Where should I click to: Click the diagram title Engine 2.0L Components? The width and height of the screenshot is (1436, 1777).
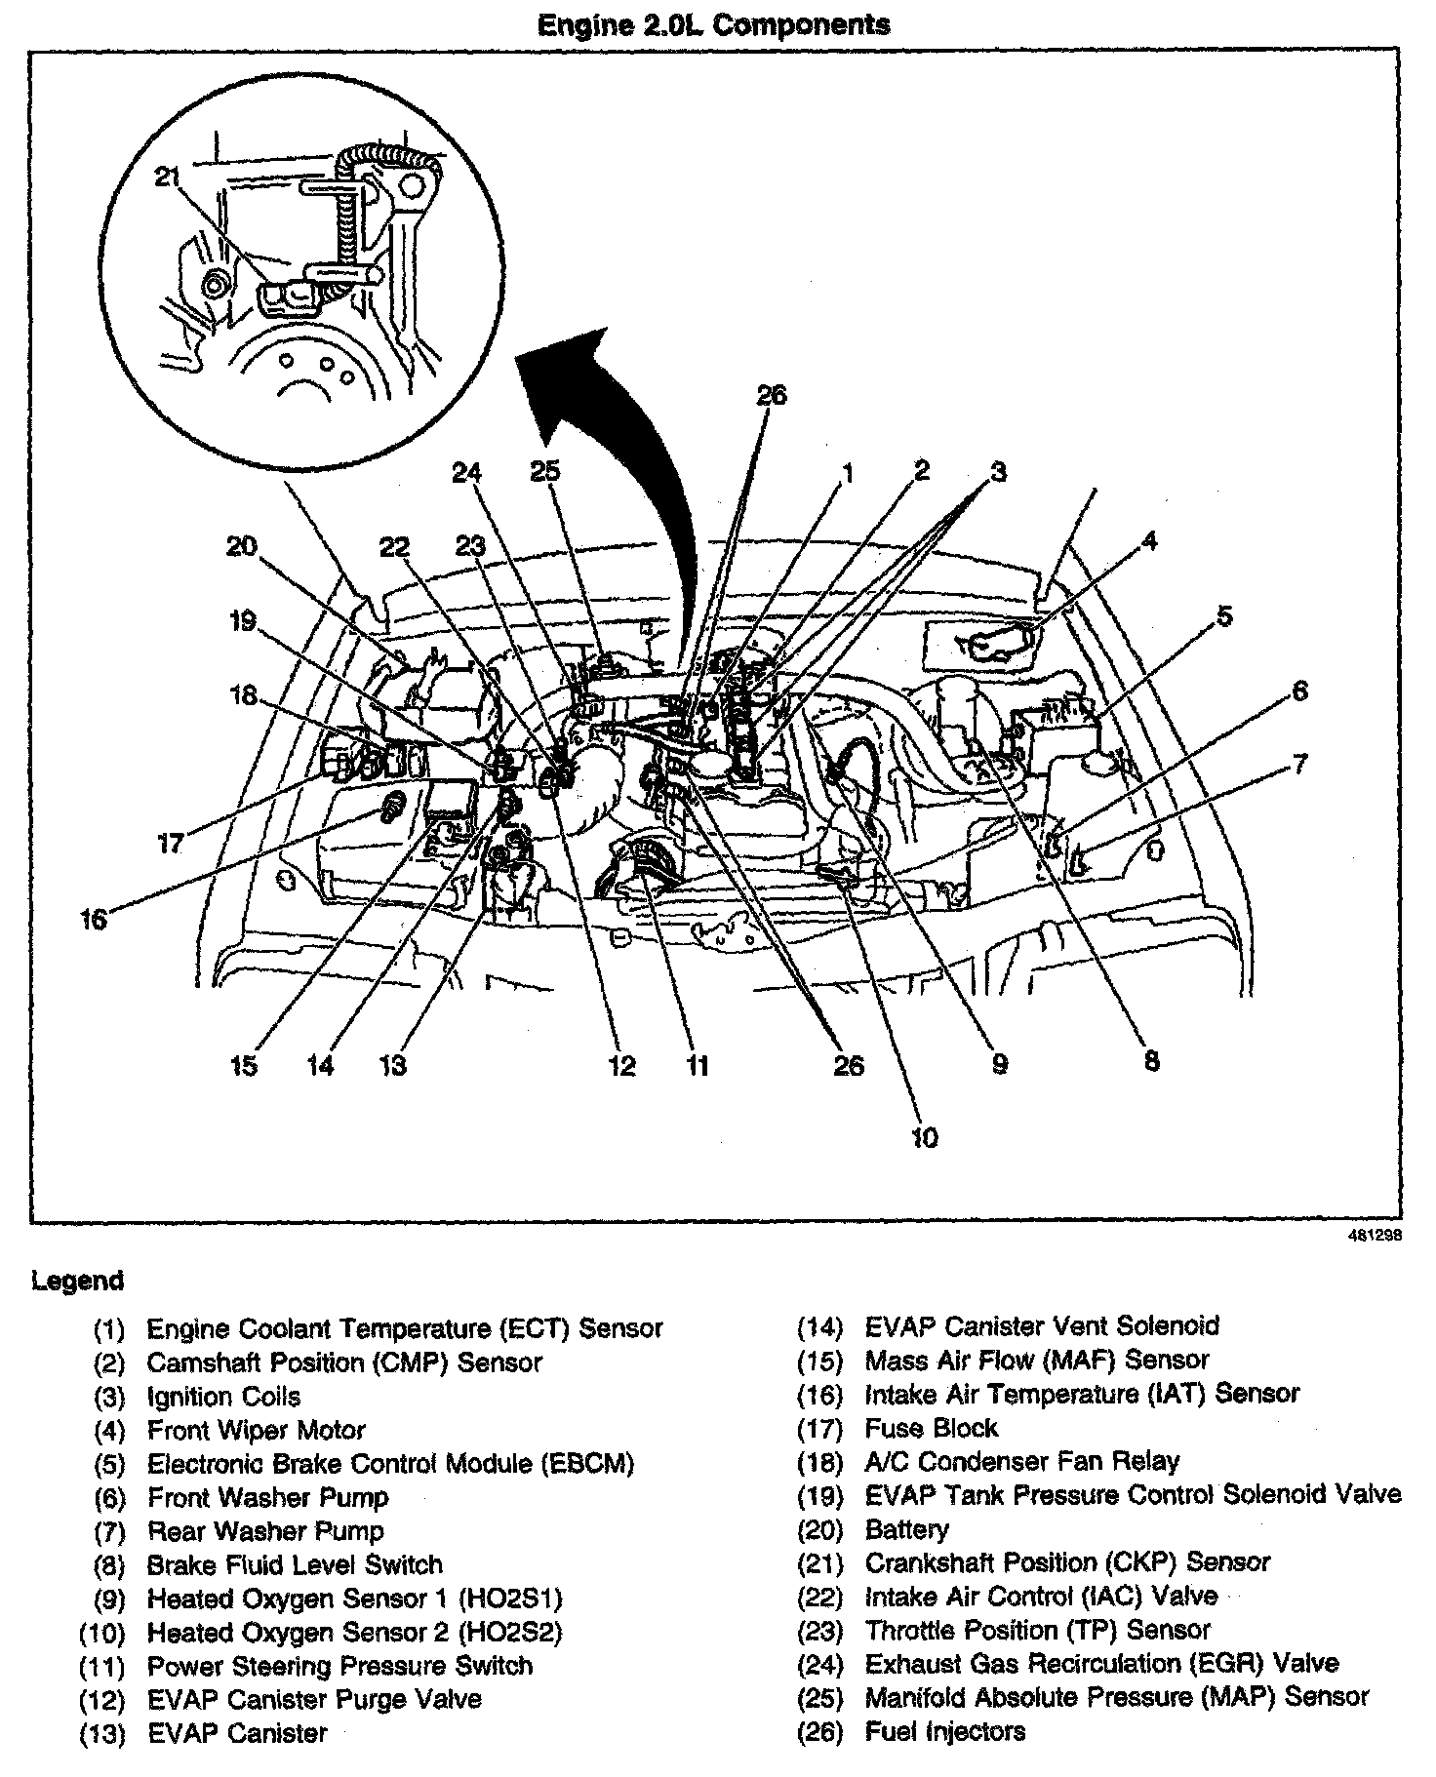click(714, 24)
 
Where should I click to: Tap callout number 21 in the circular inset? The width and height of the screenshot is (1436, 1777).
click(169, 177)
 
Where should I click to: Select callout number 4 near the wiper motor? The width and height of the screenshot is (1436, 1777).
click(1149, 539)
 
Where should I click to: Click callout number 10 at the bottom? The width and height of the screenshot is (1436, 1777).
click(924, 1136)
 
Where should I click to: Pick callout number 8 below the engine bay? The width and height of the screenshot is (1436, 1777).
click(1151, 1060)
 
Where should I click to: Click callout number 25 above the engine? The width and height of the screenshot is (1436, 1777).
click(545, 471)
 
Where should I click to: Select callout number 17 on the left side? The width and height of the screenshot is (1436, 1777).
click(171, 842)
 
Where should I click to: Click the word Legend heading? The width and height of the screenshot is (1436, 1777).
click(78, 1280)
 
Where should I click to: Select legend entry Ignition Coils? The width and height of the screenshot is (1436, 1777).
click(223, 1397)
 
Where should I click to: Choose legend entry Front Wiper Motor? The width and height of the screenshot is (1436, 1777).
click(256, 1431)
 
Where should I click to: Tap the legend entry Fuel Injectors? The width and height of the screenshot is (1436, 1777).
click(944, 1731)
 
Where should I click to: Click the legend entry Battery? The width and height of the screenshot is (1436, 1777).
click(906, 1529)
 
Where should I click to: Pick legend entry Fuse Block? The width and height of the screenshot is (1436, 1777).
click(931, 1428)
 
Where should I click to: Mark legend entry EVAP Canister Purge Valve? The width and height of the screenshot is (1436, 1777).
click(314, 1698)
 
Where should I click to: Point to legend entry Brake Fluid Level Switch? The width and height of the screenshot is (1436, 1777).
click(295, 1564)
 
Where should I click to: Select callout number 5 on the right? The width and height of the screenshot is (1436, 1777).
click(1224, 615)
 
